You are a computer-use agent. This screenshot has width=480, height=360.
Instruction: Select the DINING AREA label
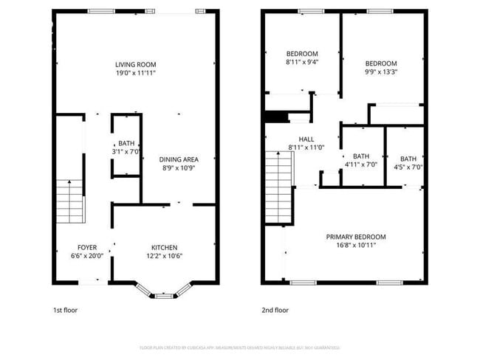(179, 159)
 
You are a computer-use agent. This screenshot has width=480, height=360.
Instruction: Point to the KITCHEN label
(164, 247)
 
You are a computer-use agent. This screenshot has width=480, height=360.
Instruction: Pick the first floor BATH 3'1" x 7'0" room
(126, 148)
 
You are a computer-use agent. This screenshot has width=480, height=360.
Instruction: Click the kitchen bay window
(163, 294)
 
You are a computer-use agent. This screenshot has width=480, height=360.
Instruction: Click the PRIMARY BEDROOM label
(356, 237)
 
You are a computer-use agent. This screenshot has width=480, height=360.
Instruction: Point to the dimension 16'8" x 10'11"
(356, 246)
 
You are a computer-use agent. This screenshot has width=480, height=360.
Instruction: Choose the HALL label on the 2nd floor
(306, 139)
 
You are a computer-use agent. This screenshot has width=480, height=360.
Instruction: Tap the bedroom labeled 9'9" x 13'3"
(381, 67)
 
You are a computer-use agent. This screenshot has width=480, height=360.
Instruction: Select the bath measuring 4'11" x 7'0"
(361, 160)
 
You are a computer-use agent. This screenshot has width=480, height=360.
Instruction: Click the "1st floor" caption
(65, 311)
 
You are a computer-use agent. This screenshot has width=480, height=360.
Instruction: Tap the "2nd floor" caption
(276, 311)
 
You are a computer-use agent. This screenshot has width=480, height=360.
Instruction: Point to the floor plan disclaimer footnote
(239, 347)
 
